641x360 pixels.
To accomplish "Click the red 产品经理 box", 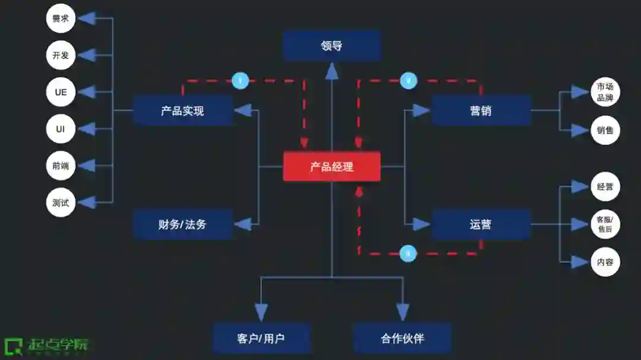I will click(x=331, y=167).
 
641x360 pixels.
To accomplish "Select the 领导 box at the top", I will click(x=331, y=46).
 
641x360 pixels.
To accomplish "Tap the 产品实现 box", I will click(x=182, y=110).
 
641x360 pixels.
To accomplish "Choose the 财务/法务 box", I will click(x=182, y=224).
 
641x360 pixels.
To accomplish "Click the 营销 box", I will click(x=480, y=110).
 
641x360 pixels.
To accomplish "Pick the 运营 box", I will click(x=480, y=224).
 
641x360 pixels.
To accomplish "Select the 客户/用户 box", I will click(x=261, y=339).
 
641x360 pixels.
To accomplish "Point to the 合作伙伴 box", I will click(x=402, y=339).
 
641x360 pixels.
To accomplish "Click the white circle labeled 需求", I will click(x=61, y=18).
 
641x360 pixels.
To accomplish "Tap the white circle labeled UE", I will click(x=61, y=93).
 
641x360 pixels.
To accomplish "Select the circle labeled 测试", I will click(x=61, y=203).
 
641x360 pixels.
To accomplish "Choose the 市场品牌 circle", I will click(x=605, y=93).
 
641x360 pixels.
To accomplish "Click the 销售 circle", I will click(x=605, y=130).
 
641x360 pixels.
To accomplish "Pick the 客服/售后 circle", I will click(x=605, y=224).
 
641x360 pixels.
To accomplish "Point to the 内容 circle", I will click(x=605, y=262).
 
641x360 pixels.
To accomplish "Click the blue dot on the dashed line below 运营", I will click(x=408, y=254).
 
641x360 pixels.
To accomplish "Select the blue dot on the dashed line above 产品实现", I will click(x=240, y=80).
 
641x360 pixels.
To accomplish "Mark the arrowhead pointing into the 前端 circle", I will click(x=87, y=166).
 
